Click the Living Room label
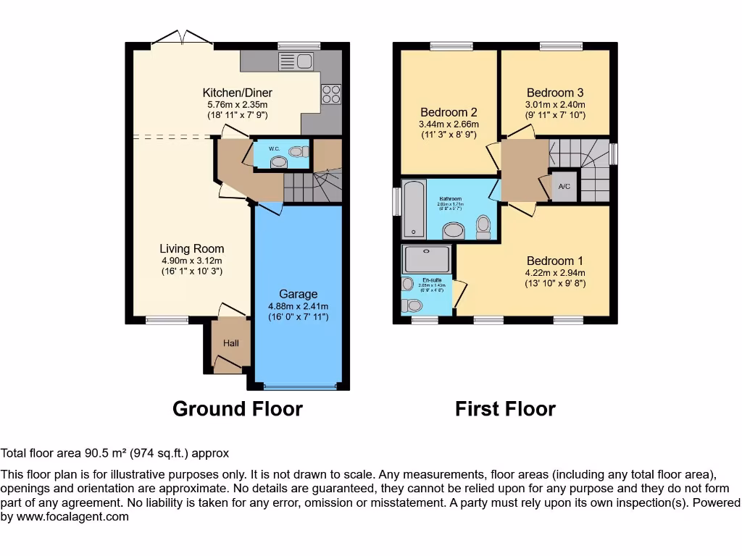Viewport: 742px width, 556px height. tap(192, 249)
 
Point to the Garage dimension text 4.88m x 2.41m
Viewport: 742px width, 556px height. tap(298, 306)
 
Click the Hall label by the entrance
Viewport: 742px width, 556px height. tap(230, 343)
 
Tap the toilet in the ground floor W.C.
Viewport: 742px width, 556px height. tap(296, 152)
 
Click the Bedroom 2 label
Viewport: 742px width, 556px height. tap(449, 112)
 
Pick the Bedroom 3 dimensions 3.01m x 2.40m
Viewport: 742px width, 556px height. tap(555, 104)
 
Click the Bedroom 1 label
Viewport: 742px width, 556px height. tap(555, 261)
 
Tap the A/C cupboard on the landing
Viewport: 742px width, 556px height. tap(564, 186)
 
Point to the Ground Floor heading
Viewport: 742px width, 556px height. tap(237, 409)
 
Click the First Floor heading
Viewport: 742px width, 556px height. tap(505, 409)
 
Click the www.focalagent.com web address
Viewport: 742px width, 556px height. tap(72, 517)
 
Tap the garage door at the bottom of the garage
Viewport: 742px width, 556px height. tap(300, 386)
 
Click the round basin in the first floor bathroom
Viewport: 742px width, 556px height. tap(454, 230)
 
